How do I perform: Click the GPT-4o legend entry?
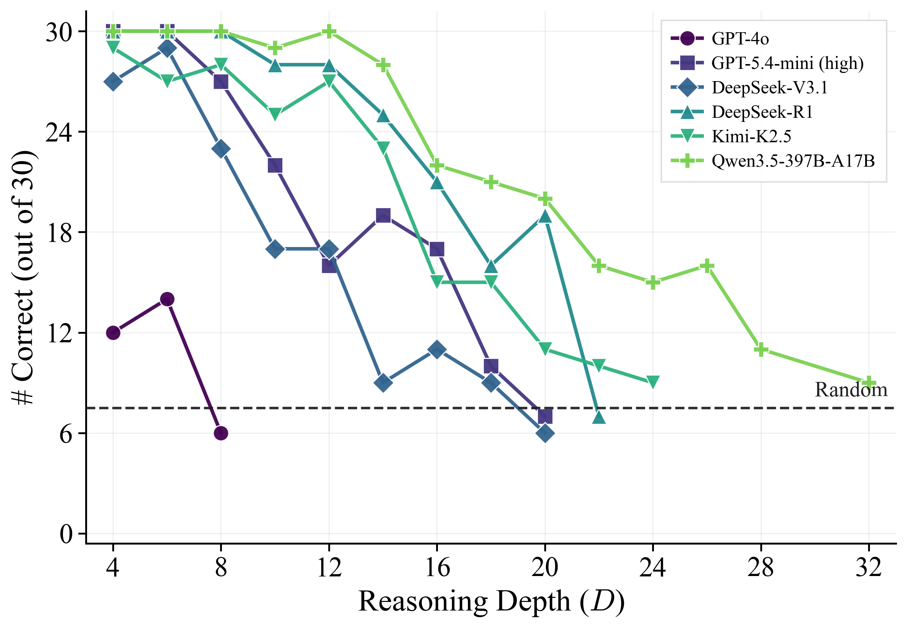click(x=720, y=39)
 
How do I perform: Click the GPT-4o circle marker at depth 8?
click(x=221, y=433)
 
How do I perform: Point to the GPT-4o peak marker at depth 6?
click(x=167, y=299)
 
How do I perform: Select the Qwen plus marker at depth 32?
click(x=869, y=383)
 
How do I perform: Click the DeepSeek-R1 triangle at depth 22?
click(x=599, y=417)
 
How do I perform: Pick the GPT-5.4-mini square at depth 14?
click(x=383, y=216)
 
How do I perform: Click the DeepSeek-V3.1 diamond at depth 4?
click(x=113, y=81)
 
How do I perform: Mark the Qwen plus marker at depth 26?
click(x=707, y=266)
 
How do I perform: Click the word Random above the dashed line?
click(x=851, y=390)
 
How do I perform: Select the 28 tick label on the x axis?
click(x=761, y=568)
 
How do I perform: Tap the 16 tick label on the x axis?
click(x=437, y=568)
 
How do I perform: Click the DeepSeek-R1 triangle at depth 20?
click(x=545, y=216)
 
